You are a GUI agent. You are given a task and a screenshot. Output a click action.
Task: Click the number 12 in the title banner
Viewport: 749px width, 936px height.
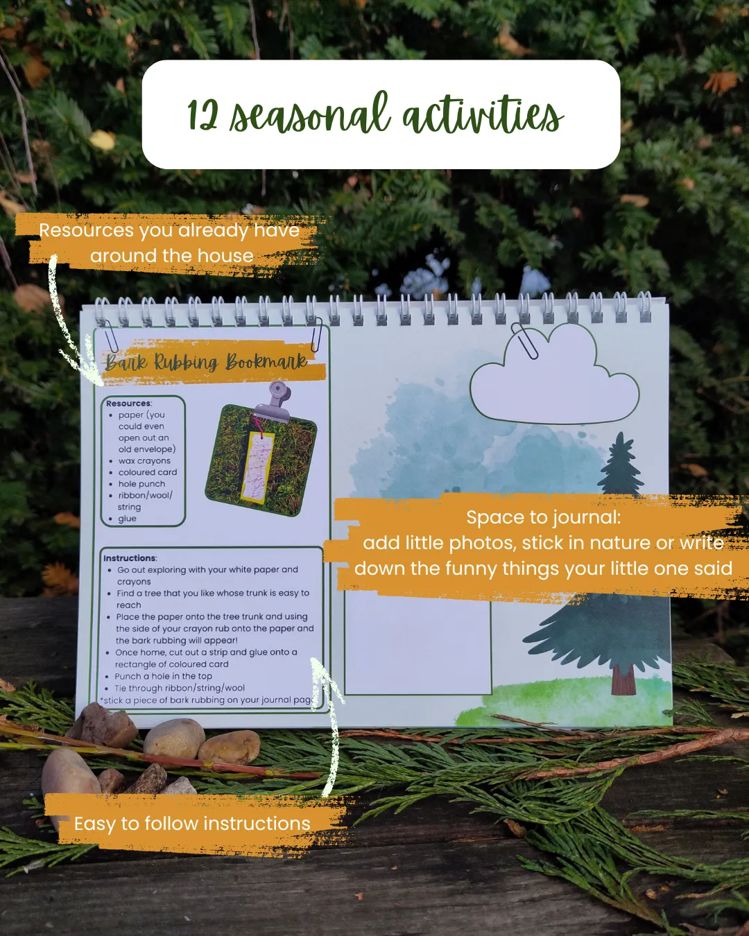(x=203, y=114)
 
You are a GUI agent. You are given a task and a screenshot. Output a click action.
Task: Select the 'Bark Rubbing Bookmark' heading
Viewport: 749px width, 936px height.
(x=206, y=362)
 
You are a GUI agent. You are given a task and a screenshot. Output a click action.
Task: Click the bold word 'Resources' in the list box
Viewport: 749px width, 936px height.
(x=128, y=404)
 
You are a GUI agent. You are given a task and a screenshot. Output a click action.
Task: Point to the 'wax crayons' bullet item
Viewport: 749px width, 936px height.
(x=144, y=460)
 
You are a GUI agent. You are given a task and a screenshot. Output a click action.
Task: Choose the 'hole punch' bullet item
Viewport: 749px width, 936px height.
(x=141, y=484)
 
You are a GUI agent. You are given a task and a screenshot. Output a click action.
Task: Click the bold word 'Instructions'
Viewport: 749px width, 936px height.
(x=130, y=558)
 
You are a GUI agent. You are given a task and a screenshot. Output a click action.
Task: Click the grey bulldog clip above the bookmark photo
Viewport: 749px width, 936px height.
(x=275, y=401)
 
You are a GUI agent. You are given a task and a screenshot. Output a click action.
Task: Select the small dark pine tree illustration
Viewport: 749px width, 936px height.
(x=620, y=465)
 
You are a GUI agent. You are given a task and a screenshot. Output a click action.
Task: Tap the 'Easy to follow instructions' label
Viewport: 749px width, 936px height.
(x=192, y=824)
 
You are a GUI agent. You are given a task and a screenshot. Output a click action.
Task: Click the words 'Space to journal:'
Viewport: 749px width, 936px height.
(x=544, y=517)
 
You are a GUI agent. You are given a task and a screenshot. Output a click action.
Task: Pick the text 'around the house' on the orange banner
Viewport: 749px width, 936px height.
(x=172, y=256)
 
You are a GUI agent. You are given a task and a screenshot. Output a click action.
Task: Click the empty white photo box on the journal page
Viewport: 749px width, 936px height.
(x=417, y=648)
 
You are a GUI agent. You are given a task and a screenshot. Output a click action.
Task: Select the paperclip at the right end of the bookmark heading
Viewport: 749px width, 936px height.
(x=316, y=334)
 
